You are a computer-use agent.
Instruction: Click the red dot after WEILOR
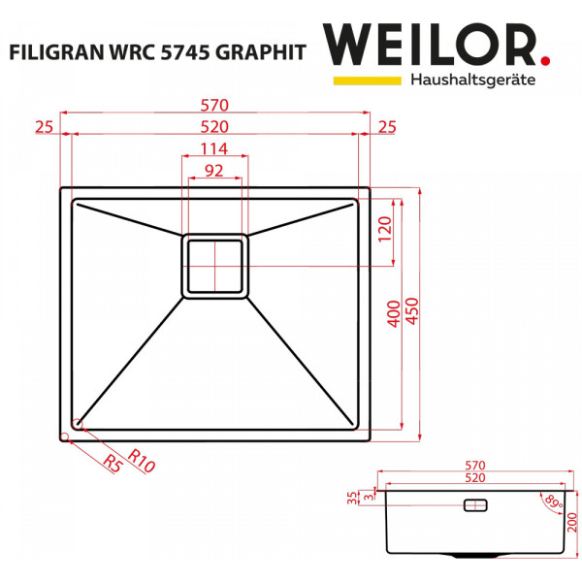pyautogui.click(x=544, y=61)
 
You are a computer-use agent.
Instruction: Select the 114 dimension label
pyautogui.click(x=214, y=148)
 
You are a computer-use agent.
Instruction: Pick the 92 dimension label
pyautogui.click(x=213, y=171)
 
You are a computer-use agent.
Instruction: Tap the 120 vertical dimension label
pyautogui.click(x=384, y=231)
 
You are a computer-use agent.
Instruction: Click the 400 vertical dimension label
pyautogui.click(x=393, y=313)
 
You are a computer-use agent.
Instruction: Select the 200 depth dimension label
pyautogui.click(x=573, y=525)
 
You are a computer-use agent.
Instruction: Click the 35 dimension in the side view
pyautogui.click(x=353, y=499)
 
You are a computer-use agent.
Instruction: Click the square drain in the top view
pyautogui.click(x=214, y=265)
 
